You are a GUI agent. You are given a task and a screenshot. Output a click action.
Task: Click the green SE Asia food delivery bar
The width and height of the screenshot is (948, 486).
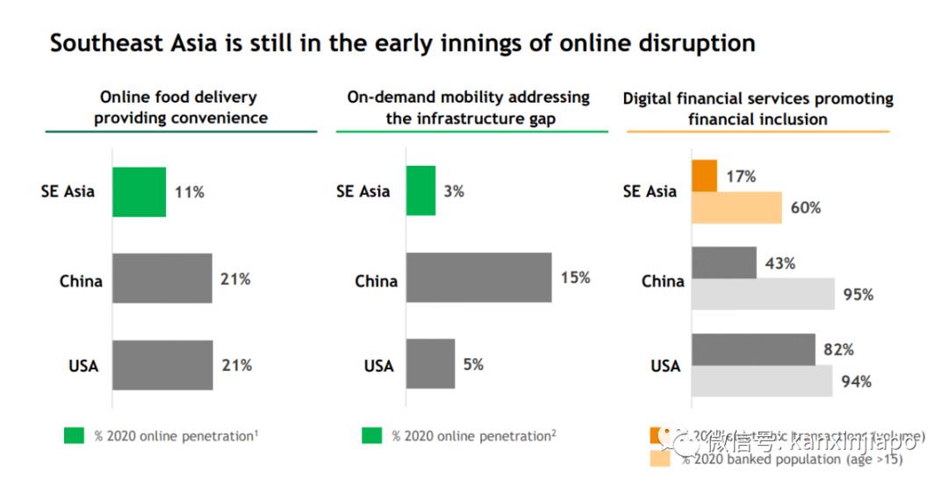(x=139, y=191)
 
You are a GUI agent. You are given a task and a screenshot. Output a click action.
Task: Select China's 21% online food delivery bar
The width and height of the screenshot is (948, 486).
(x=162, y=278)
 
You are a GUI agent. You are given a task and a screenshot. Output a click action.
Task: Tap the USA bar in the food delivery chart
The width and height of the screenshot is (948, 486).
(x=162, y=365)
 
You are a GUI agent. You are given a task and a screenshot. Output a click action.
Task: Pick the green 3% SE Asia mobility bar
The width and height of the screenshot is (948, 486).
(x=420, y=190)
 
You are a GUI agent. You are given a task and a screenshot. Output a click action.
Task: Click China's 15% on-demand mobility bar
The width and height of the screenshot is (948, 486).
(x=478, y=278)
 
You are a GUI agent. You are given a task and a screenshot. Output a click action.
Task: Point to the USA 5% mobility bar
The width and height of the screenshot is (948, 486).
(x=430, y=363)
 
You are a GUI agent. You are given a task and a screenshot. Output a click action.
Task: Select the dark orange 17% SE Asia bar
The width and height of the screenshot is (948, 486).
(x=705, y=175)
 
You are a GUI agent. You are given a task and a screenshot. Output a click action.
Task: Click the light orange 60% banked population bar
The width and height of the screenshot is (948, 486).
(x=736, y=208)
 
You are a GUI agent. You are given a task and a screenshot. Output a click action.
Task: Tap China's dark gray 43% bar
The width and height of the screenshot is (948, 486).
(x=724, y=262)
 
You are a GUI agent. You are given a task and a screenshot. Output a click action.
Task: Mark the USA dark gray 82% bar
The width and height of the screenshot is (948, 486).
(x=753, y=349)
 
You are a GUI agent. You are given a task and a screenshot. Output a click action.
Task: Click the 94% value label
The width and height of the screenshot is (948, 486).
(x=856, y=382)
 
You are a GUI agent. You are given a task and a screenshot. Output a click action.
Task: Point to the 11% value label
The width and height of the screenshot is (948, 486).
(x=189, y=191)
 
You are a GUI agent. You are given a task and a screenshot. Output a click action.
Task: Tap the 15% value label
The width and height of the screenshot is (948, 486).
(x=575, y=278)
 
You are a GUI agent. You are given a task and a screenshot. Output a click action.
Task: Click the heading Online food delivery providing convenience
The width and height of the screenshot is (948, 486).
(x=181, y=108)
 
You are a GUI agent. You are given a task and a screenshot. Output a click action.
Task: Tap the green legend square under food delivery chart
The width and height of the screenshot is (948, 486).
(x=74, y=435)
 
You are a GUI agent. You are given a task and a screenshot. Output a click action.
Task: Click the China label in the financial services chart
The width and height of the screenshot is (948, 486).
(x=663, y=282)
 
